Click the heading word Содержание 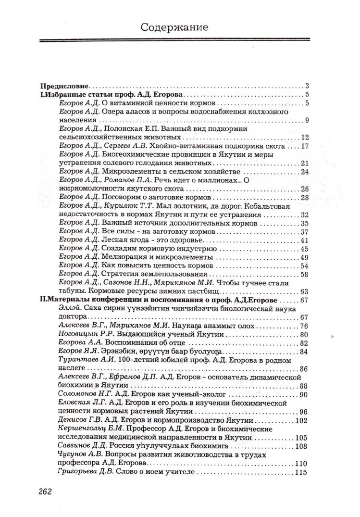174,27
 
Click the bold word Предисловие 64,87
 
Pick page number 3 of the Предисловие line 307,87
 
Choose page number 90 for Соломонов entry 303,395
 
